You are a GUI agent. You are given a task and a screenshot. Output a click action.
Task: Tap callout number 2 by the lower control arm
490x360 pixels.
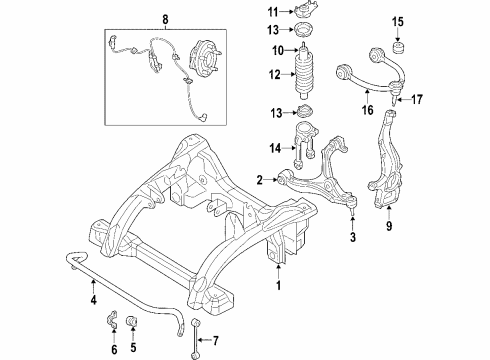[259, 180]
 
